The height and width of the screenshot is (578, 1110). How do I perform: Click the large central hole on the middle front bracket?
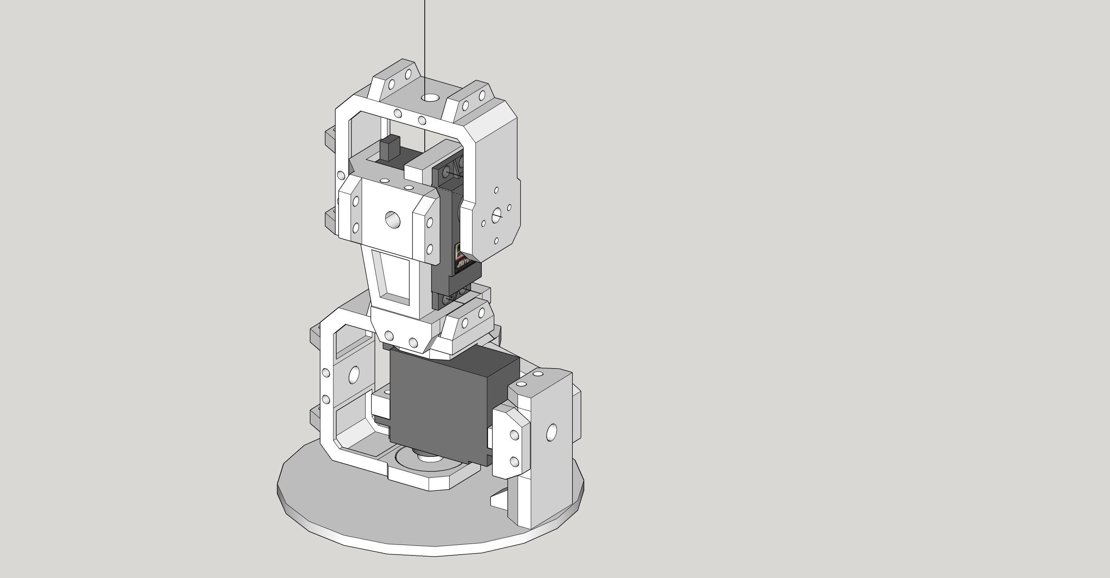tap(392, 219)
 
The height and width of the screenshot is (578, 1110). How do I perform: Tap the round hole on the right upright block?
tap(551, 432)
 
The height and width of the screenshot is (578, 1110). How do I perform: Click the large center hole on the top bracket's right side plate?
tap(497, 214)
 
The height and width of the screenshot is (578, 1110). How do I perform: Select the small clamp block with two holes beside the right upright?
tap(511, 444)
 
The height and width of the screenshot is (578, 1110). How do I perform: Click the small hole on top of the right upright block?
tap(537, 373)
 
